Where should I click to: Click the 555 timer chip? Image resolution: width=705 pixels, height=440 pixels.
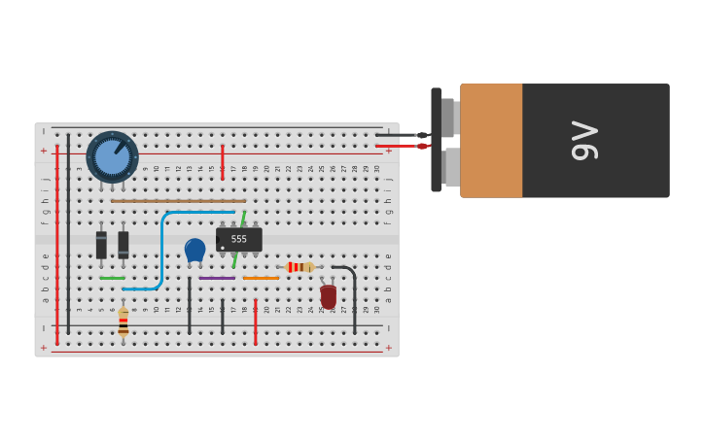[238, 239]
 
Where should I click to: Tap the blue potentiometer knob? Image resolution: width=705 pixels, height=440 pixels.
[112, 157]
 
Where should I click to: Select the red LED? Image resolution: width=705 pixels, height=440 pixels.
[329, 296]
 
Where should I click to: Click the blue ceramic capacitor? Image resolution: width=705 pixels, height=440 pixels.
[194, 250]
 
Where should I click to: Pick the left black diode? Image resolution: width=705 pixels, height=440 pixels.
[101, 244]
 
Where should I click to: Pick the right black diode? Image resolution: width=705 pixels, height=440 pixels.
[123, 244]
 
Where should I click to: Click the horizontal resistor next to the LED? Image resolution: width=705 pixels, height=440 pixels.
[300, 267]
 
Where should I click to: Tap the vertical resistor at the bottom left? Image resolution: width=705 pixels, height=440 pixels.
[123, 322]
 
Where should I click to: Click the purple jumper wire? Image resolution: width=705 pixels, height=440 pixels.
[217, 278]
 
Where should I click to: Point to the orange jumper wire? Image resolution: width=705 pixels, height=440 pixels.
[261, 278]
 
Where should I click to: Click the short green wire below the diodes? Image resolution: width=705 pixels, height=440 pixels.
[112, 278]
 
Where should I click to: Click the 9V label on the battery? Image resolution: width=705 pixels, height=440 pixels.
[585, 141]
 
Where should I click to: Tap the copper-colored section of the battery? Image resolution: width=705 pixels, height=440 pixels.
[491, 141]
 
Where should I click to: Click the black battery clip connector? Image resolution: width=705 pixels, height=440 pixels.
[437, 140]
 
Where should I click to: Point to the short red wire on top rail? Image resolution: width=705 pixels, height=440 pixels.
[223, 161]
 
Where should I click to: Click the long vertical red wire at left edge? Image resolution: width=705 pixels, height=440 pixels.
[57, 243]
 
